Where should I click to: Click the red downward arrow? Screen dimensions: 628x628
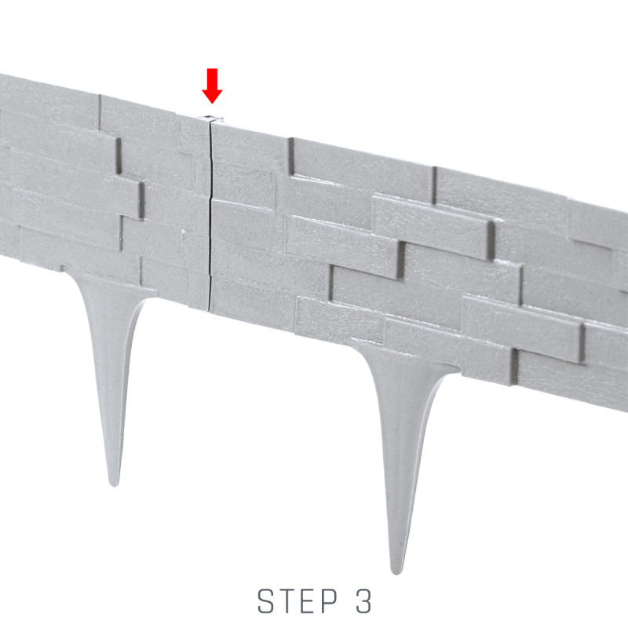pos(212,86)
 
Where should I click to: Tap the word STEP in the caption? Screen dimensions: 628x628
pos(298,601)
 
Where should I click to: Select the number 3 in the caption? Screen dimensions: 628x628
pos(363,601)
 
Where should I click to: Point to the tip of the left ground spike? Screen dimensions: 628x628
pos(115,485)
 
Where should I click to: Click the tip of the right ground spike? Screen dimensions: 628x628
pos(396,573)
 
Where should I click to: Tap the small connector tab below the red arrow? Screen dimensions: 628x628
pos(211,119)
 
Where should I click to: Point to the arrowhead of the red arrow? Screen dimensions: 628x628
pos(212,95)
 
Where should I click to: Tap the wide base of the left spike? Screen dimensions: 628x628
pos(109,287)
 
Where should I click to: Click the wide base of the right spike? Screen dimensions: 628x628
pos(404,360)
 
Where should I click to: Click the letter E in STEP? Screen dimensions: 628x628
pos(308,601)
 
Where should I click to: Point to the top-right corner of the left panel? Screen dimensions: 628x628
pos(208,119)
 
